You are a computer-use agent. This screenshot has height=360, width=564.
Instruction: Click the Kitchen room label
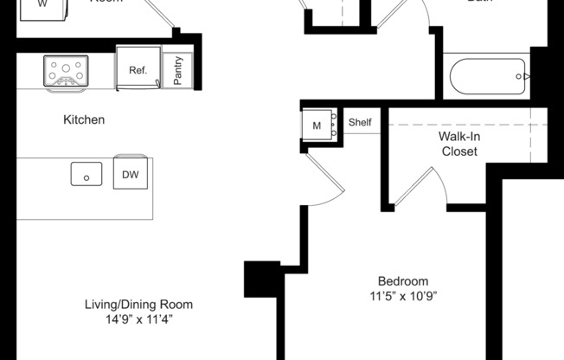click(x=84, y=119)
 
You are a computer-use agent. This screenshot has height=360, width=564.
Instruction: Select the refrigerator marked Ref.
click(x=138, y=69)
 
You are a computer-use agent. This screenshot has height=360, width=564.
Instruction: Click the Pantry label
click(x=178, y=70)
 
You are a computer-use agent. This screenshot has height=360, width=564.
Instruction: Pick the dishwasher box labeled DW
click(x=131, y=175)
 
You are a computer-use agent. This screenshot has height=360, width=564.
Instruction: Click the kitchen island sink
click(x=87, y=174)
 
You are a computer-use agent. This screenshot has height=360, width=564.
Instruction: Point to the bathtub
click(x=487, y=77)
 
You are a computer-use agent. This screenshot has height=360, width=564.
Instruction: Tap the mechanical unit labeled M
click(x=317, y=124)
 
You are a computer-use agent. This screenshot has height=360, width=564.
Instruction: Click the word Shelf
click(x=360, y=123)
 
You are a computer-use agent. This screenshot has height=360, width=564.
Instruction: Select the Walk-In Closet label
click(x=459, y=144)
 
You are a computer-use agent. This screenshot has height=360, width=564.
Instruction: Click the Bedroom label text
click(x=402, y=281)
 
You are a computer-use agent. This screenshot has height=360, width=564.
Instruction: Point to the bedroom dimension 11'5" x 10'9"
click(x=402, y=296)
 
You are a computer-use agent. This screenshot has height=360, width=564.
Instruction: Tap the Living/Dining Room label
click(x=138, y=305)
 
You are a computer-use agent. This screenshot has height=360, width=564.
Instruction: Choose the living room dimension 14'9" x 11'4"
click(x=138, y=319)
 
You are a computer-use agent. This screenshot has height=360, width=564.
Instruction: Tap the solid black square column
click(x=262, y=280)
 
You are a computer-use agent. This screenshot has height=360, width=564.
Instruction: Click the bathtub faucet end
click(x=522, y=77)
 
